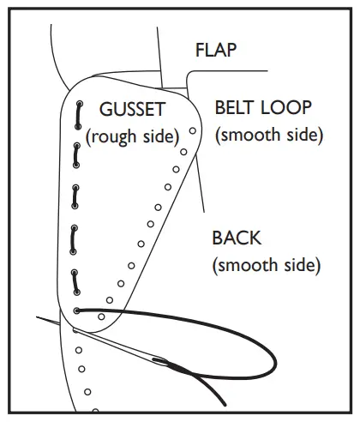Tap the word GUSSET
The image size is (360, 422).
tap(133, 111)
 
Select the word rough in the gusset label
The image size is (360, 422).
tap(117, 136)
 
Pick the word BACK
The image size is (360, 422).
tap(236, 238)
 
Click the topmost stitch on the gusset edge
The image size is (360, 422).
tap(78, 114)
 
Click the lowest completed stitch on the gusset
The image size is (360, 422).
tap(77, 280)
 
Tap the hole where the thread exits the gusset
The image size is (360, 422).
tap(77, 310)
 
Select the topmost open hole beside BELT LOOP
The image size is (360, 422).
tap(194, 131)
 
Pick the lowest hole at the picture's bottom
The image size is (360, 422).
tap(95, 410)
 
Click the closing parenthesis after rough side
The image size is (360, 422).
tap(176, 136)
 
